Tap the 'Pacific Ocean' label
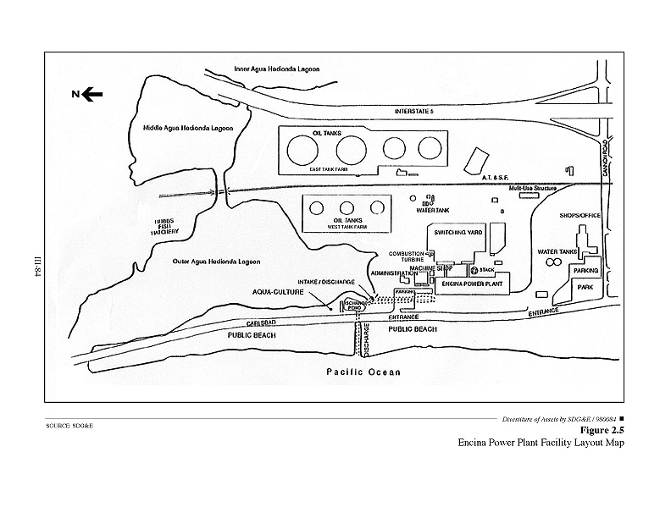coord(363,372)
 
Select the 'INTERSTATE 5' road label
coord(419,111)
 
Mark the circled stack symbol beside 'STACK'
coord(474,270)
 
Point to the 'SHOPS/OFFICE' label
coord(580,215)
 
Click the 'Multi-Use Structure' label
coord(531,189)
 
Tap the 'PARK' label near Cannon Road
coord(585,288)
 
